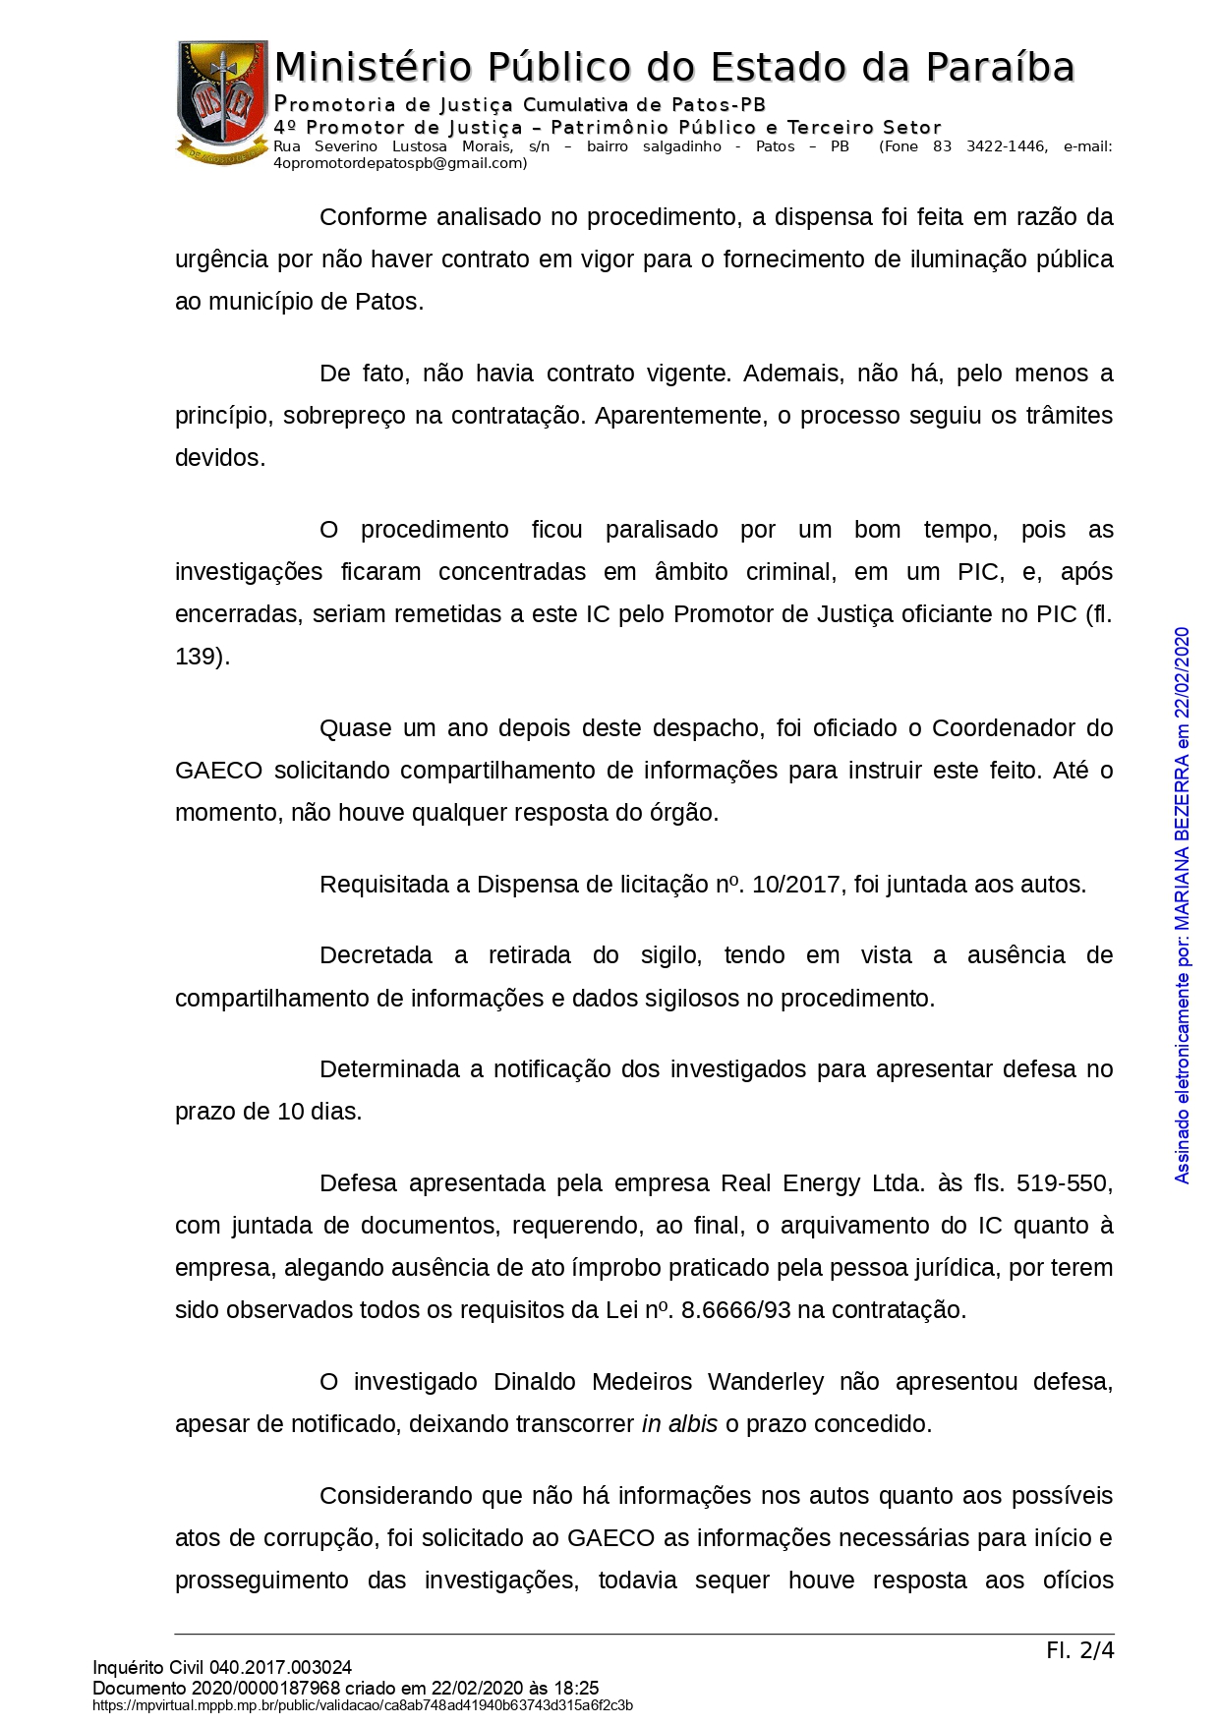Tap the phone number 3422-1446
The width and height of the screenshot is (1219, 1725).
pyautogui.click(x=1006, y=146)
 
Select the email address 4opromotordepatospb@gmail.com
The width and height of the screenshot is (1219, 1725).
pyautogui.click(x=400, y=163)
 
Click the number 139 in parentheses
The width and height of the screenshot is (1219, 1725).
pyautogui.click(x=197, y=657)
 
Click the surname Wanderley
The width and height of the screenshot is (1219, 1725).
pyautogui.click(x=765, y=1382)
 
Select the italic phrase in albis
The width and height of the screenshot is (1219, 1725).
pyautogui.click(x=679, y=1424)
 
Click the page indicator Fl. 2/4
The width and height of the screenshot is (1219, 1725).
pyautogui.click(x=1079, y=1650)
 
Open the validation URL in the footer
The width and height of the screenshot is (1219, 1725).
pyautogui.click(x=363, y=1705)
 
